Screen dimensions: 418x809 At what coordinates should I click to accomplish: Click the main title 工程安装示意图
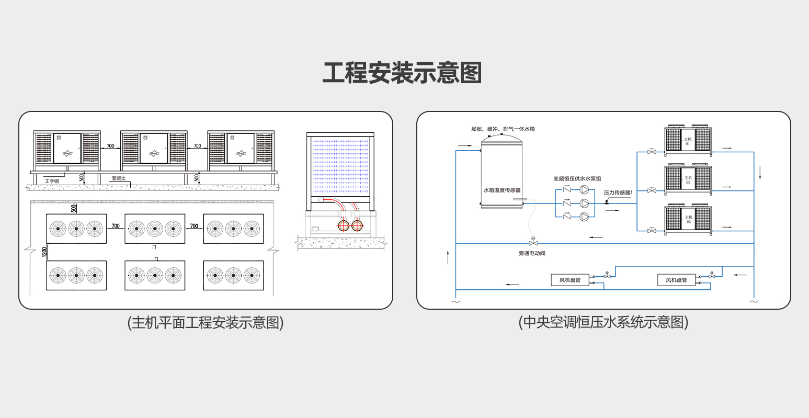[402, 73]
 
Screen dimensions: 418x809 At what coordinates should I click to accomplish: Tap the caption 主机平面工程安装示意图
[206, 322]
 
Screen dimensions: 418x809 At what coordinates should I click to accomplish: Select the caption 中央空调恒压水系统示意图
[603, 322]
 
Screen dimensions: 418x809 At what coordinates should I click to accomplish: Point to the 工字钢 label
[52, 181]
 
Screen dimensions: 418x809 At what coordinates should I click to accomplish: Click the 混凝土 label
[119, 178]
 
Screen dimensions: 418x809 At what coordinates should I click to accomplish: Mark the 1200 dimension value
[44, 253]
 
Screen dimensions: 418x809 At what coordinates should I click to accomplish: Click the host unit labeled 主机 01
[688, 140]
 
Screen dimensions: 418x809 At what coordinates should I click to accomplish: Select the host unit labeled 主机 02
[688, 179]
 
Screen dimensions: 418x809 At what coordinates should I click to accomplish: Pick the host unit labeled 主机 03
[688, 219]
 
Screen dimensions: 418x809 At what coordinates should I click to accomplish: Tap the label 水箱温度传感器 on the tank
[502, 190]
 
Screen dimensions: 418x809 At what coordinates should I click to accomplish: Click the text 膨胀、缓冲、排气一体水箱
[503, 129]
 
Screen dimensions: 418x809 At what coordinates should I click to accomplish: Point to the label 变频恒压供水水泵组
[577, 179]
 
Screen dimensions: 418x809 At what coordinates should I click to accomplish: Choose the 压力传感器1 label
[618, 193]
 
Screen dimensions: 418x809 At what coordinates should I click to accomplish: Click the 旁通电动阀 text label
[532, 253]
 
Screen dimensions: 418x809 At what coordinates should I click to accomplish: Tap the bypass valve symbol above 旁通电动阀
[533, 243]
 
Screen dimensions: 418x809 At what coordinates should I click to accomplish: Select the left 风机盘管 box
[570, 280]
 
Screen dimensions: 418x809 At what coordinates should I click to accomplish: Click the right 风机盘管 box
[676, 280]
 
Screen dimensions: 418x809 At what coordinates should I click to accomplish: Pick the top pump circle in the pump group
[585, 190]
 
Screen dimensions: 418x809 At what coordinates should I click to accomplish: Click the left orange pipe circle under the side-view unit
[344, 225]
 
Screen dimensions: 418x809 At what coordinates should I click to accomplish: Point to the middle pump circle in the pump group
[585, 203]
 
